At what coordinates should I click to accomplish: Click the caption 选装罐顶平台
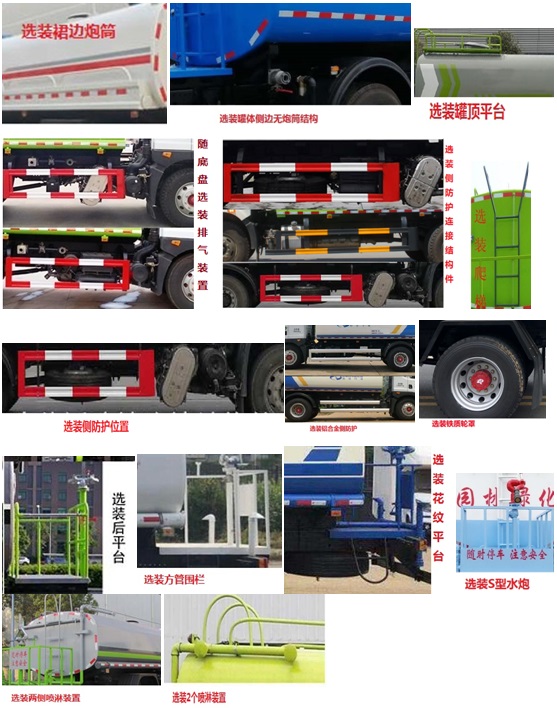467,110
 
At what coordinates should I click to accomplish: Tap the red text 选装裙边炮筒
69,31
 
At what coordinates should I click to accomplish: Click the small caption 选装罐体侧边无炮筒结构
268,118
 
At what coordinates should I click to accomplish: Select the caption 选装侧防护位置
96,426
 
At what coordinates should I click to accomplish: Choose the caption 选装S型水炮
496,584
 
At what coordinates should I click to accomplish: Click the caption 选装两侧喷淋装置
46,697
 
